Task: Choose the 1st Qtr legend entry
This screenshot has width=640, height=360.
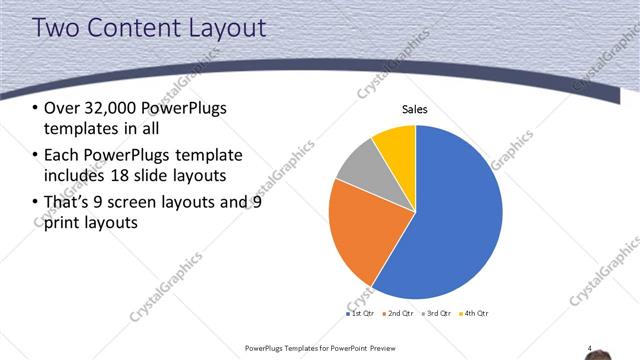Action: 361,314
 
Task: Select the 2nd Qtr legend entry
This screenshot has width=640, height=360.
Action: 398,314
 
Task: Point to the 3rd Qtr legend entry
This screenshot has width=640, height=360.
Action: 436,314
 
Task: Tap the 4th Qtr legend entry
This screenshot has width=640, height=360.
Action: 474,314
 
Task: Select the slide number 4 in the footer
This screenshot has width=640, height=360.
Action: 590,348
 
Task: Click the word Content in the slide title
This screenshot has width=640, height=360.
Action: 127,29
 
